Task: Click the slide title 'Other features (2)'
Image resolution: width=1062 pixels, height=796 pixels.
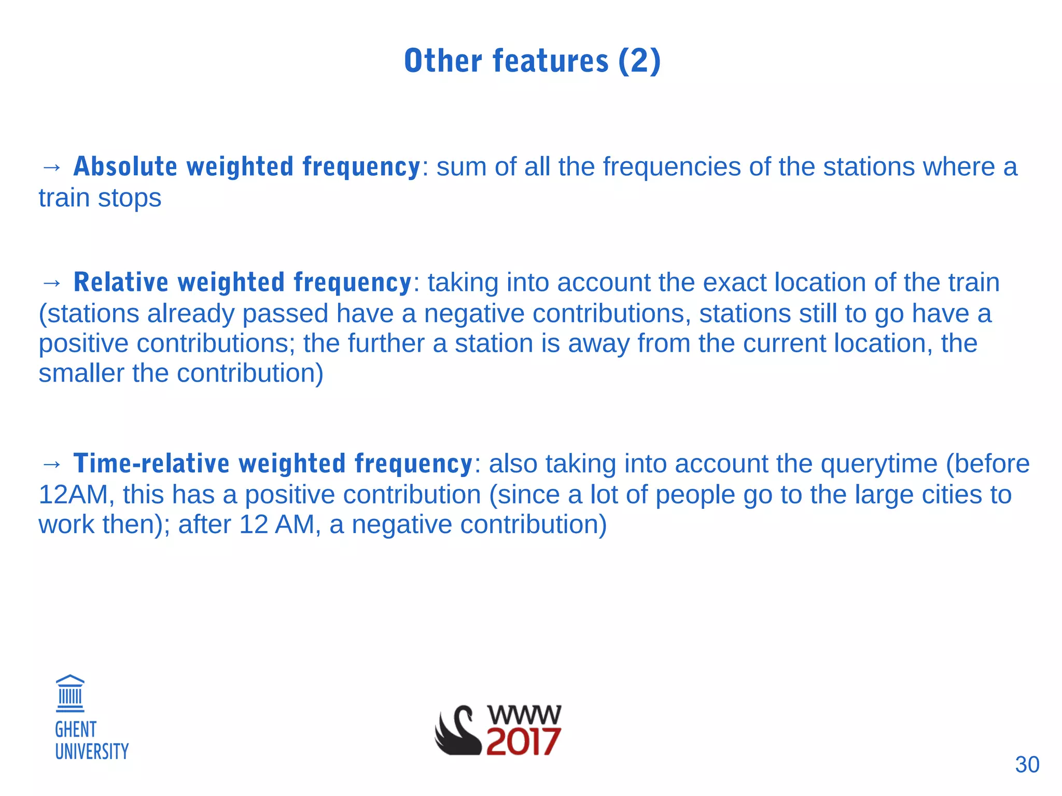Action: click(x=532, y=61)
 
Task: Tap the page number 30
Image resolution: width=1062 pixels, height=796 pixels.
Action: click(x=1027, y=765)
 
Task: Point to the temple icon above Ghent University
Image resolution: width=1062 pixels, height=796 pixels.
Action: click(x=70, y=694)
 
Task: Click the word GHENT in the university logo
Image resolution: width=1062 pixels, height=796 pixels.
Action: click(x=76, y=730)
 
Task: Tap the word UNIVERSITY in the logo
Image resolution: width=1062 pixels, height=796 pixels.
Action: click(x=92, y=751)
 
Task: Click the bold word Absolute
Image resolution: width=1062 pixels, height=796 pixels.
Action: click(x=125, y=167)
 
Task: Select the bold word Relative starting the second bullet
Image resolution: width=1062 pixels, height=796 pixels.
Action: click(x=121, y=283)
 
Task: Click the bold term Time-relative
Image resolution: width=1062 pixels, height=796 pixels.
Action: click(x=151, y=464)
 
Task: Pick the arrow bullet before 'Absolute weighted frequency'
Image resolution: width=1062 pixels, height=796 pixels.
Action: click(x=51, y=167)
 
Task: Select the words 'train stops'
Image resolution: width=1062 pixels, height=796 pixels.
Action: click(x=100, y=198)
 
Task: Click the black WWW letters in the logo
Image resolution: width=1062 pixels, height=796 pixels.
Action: click(x=524, y=715)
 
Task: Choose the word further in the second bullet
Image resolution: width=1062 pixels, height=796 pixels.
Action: click(x=386, y=343)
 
